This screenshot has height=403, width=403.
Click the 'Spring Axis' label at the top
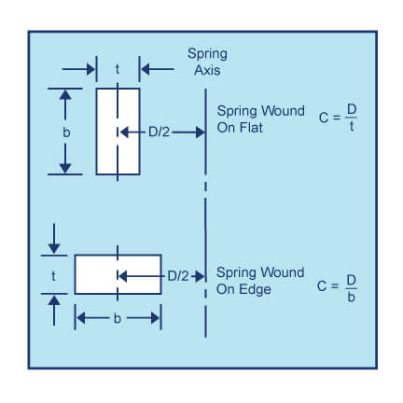pos(207,62)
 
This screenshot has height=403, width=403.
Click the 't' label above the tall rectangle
pos(118,69)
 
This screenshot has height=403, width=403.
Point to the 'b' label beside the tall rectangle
pos(66,132)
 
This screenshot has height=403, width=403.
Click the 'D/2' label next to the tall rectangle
pos(159,132)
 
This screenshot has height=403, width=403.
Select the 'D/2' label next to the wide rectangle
pos(178,276)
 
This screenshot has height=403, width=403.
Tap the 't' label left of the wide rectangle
pos(54,276)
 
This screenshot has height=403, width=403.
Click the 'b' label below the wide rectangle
pos(118,318)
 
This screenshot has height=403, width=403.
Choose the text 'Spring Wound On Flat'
pos(260,119)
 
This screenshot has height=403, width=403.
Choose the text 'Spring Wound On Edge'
pos(260,281)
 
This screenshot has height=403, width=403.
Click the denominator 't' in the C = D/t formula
pos(352,127)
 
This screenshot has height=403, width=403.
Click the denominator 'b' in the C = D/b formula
pos(351,298)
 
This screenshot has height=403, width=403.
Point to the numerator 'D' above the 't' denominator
pos(352,109)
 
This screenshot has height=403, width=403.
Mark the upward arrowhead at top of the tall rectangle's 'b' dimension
pos(65,94)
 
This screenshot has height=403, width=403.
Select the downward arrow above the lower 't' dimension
pos(54,239)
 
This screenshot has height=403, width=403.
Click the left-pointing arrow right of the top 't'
pos(158,69)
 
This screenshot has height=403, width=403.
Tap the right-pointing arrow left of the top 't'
pos(78,69)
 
